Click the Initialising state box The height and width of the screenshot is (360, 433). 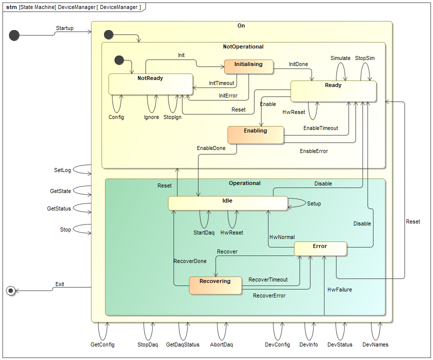tap(249, 66)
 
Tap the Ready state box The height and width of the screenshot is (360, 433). tap(333, 91)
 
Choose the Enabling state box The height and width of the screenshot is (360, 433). tap(255, 135)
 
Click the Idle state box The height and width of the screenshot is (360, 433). tap(227, 203)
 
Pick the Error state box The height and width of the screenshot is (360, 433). tap(320, 248)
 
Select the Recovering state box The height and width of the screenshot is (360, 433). tap(215, 285)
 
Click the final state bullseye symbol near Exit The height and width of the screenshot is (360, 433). tap(11, 290)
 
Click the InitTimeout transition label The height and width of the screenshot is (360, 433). tap(221, 83)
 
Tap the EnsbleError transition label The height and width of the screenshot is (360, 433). tap(314, 151)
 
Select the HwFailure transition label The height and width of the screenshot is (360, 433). tap(339, 289)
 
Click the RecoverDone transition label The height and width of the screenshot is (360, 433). tap(189, 261)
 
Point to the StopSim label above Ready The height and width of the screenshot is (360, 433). tap(364, 58)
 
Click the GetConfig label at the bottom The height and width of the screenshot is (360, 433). tap(102, 344)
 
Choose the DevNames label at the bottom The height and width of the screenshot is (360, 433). tap(375, 344)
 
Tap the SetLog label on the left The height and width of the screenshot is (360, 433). tap(62, 170)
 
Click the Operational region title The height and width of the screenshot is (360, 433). tap(244, 183)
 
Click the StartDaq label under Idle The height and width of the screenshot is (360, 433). tap(203, 232)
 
